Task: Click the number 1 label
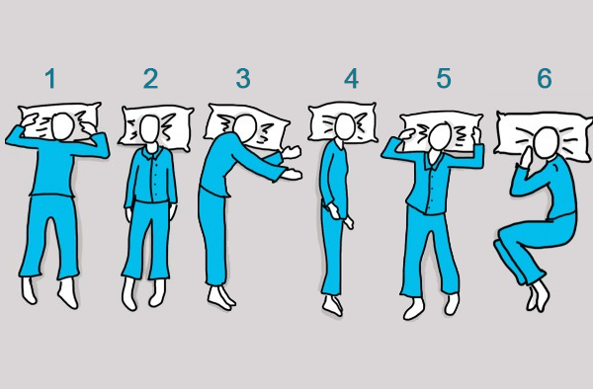[50, 79]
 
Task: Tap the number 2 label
[150, 79]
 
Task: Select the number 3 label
[243, 79]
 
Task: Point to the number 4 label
[351, 79]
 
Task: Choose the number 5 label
[444, 79]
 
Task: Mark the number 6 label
[545, 79]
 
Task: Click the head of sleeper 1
[63, 126]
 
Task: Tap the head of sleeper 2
[150, 129]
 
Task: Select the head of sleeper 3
[245, 127]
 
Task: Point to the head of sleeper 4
[345, 126]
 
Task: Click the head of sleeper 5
[440, 136]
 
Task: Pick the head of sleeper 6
[547, 142]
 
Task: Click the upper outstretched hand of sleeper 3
[292, 152]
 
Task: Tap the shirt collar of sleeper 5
[435, 160]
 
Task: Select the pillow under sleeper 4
[342, 122]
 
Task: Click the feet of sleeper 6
[538, 296]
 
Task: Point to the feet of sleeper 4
[333, 305]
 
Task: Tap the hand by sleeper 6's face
[526, 157]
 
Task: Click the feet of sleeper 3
[220, 297]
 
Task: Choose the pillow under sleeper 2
[156, 127]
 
